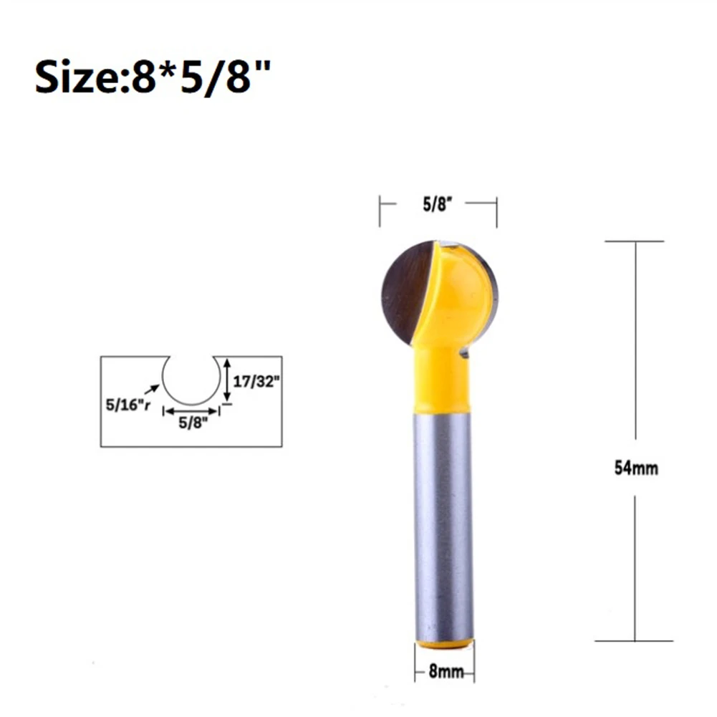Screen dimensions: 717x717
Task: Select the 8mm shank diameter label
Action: [445, 673]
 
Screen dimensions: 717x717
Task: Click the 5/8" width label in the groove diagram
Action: [191, 423]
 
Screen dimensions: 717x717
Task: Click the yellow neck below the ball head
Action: [442, 380]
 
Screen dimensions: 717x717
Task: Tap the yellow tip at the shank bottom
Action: [444, 644]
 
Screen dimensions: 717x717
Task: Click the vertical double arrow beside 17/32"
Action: [227, 380]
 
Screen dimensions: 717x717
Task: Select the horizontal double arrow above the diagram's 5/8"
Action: [191, 411]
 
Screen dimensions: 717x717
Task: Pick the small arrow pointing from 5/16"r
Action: [153, 389]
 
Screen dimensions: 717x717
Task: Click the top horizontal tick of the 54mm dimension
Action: [635, 241]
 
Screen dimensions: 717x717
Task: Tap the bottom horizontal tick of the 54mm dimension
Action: [635, 640]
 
